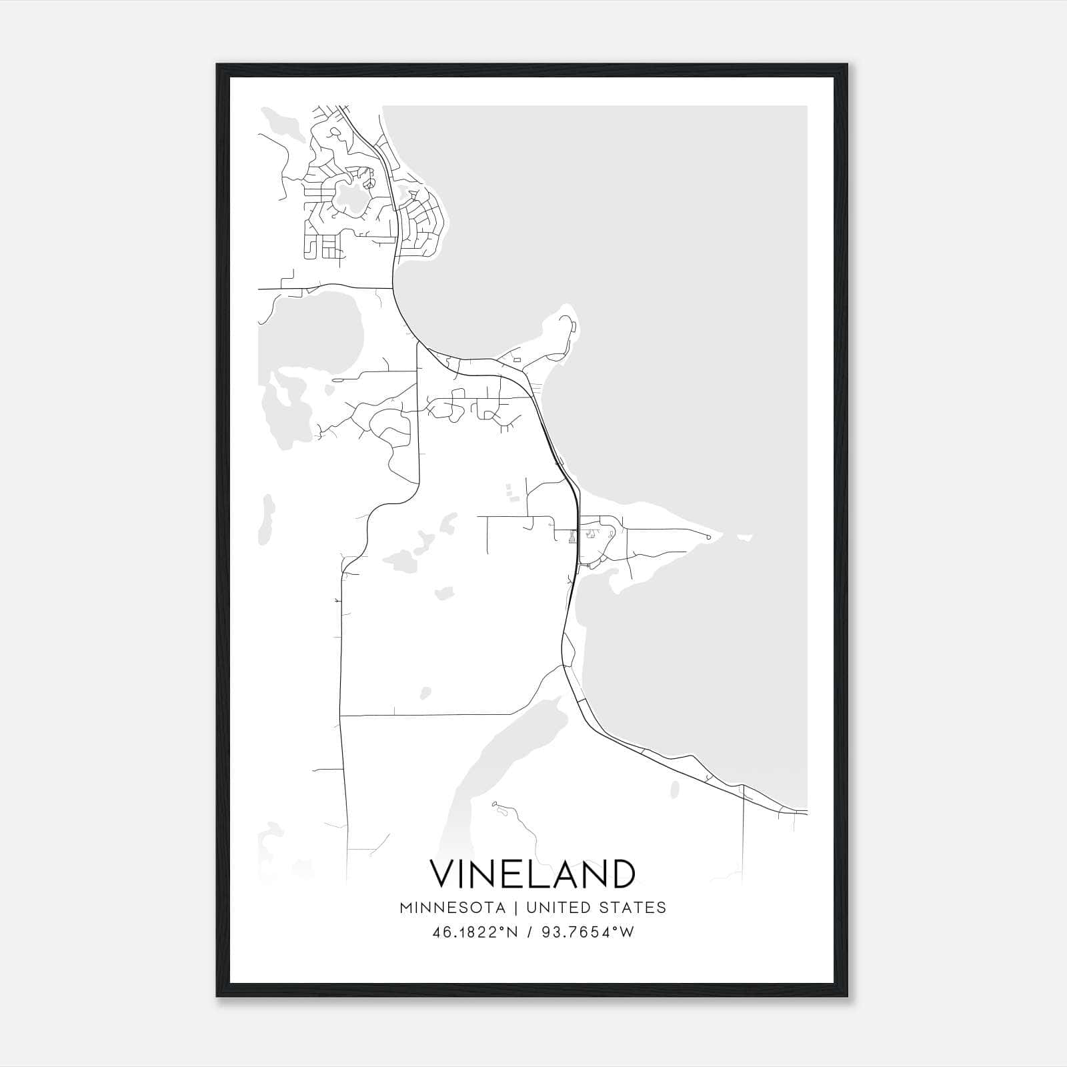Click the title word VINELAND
(x=532, y=874)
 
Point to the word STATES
(x=633, y=908)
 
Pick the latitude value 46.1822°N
(x=475, y=932)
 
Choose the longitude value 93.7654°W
(x=587, y=932)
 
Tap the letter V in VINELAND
(x=443, y=874)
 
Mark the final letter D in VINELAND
(x=622, y=874)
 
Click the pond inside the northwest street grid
(x=349, y=198)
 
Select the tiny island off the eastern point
(x=745, y=538)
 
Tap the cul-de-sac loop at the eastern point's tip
(x=708, y=536)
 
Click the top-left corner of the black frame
(x=217, y=65)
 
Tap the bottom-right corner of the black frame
(x=847, y=996)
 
